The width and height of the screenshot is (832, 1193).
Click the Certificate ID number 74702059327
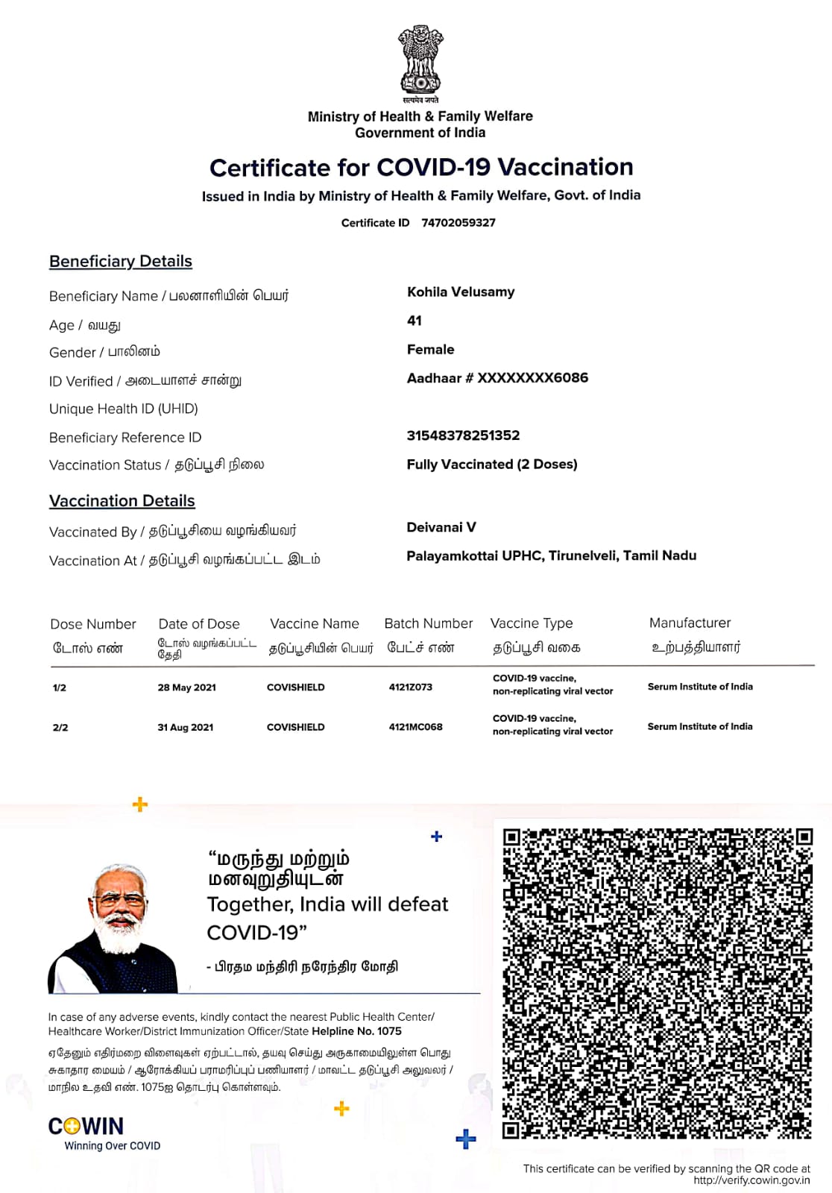(458, 223)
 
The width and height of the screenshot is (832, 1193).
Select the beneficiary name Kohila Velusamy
(461, 292)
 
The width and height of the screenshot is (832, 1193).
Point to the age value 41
(415, 321)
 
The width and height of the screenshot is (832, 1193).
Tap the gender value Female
(430, 350)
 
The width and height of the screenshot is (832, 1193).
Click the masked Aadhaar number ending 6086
(497, 378)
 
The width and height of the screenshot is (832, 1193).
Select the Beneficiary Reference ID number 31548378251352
(463, 435)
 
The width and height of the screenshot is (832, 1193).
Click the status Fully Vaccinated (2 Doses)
(492, 465)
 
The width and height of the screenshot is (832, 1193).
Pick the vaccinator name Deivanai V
(441, 527)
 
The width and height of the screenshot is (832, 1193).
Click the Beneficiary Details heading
(121, 262)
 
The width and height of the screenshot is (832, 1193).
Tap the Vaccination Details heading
(122, 501)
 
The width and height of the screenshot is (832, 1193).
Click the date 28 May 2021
(187, 687)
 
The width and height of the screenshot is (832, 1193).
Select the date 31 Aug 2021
(186, 727)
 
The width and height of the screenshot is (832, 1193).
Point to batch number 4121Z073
(411, 687)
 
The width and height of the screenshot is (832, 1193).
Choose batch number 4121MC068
(416, 727)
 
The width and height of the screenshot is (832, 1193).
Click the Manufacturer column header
(690, 623)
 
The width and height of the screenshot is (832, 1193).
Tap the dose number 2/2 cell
(60, 727)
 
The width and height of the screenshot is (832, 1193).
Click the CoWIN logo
(86, 1126)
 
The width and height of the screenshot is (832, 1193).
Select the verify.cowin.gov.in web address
(751, 1180)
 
